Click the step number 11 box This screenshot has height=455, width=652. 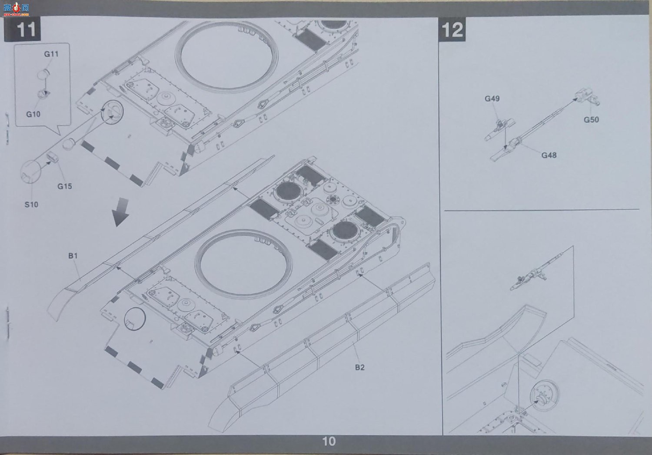click(x=23, y=29)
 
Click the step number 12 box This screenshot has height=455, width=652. click(x=452, y=30)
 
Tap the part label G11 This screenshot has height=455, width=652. click(x=51, y=54)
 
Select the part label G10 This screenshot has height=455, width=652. click(x=33, y=114)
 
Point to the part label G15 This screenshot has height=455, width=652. click(x=65, y=186)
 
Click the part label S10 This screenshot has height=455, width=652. click(x=31, y=204)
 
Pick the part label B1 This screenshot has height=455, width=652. click(x=73, y=256)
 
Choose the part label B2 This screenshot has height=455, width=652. click(x=360, y=367)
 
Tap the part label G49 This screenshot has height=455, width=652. click(x=492, y=99)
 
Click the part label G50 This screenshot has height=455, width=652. click(x=591, y=119)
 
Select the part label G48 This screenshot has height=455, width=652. click(x=549, y=155)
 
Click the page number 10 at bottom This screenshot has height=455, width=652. click(x=329, y=442)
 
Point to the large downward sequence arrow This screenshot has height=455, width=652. click(x=121, y=212)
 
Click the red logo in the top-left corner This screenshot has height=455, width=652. click(x=16, y=9)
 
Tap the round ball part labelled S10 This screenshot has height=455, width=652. click(x=31, y=172)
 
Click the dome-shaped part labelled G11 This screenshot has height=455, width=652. click(x=44, y=74)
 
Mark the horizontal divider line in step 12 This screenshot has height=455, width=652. click(x=542, y=210)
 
